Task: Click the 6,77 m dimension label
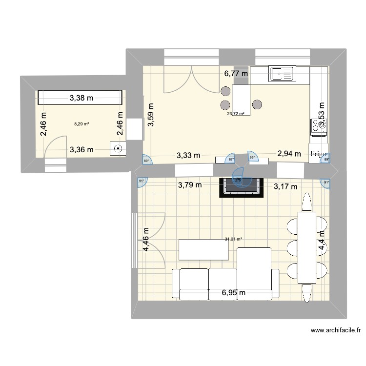click(x=236, y=74)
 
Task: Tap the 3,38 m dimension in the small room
click(x=81, y=98)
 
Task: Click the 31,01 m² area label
click(x=233, y=239)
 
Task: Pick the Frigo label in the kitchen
click(x=318, y=154)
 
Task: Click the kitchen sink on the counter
click(x=281, y=74)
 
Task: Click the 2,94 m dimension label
click(x=288, y=153)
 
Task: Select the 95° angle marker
click(x=252, y=157)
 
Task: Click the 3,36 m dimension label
click(x=81, y=150)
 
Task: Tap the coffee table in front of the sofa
click(x=203, y=250)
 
